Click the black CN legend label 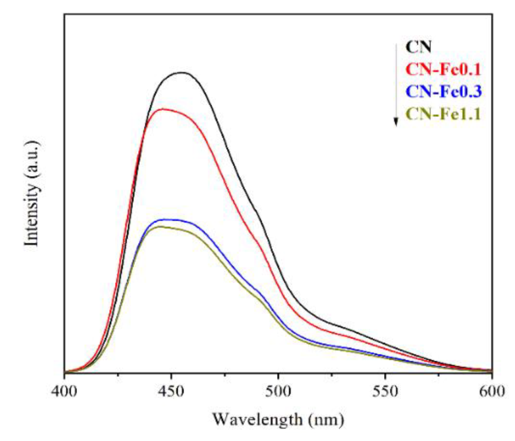tap(418, 47)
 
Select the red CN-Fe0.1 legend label tap(443, 69)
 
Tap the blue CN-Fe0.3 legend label tap(443, 91)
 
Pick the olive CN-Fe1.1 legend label tap(443, 114)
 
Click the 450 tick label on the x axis tap(171, 391)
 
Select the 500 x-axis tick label tap(278, 391)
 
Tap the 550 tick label tap(385, 391)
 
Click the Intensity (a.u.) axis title tap(32, 193)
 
